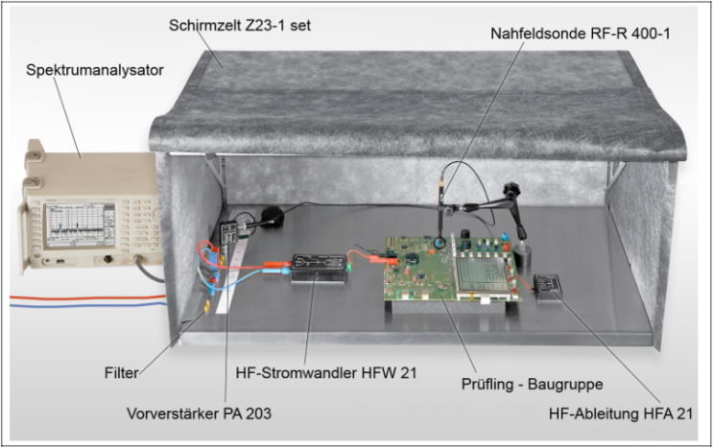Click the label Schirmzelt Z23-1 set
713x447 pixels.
(240, 25)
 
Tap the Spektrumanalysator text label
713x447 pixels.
(95, 70)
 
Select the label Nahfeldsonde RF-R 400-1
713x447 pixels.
(580, 34)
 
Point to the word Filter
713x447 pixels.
(122, 373)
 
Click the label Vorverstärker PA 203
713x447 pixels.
(199, 413)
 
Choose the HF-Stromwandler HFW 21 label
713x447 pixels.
(326, 373)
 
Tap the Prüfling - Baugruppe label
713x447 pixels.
(532, 385)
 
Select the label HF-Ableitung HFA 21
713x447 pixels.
(621, 413)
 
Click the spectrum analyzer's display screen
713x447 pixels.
(74, 224)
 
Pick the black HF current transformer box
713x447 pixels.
(319, 269)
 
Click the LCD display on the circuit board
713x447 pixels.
(481, 274)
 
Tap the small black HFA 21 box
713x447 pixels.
(548, 287)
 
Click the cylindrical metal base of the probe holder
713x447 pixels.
(522, 257)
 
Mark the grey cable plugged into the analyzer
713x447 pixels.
(149, 271)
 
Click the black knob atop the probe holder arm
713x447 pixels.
(512, 188)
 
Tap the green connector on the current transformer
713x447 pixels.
(348, 266)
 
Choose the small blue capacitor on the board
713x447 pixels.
(505, 238)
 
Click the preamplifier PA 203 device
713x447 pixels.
(228, 232)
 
